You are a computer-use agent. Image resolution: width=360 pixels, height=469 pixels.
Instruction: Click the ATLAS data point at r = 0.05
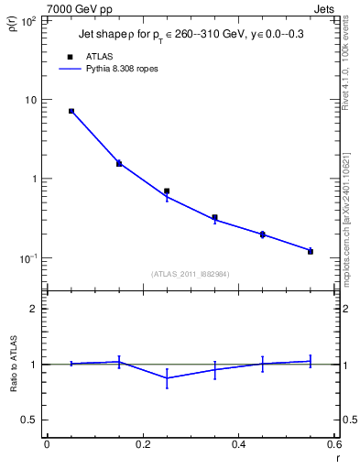click(71, 111)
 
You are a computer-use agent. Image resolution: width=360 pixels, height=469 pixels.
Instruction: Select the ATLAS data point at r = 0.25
click(167, 191)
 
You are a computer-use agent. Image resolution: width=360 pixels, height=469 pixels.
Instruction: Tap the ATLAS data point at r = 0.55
click(311, 251)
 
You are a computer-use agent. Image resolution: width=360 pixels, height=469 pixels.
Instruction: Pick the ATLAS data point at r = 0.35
click(214, 218)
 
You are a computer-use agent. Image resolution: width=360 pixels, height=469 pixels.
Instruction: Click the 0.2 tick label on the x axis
click(142, 444)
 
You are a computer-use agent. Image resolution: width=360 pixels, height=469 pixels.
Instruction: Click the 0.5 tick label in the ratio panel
click(30, 420)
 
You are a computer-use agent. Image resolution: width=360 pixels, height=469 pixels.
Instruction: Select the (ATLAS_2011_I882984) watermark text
click(191, 273)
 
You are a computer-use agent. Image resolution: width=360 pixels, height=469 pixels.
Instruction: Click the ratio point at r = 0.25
click(167, 377)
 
